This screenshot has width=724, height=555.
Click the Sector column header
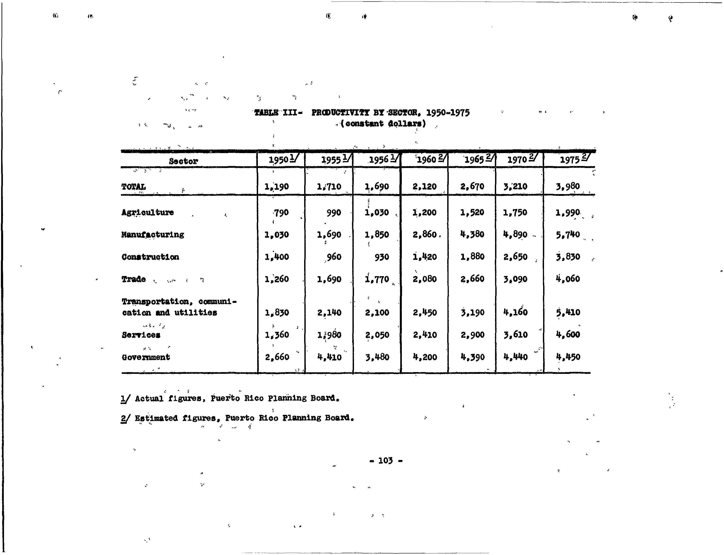pyautogui.click(x=183, y=161)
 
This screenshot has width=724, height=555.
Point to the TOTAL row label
pyautogui.click(x=133, y=187)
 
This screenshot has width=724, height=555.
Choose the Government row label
pyautogui.click(x=146, y=357)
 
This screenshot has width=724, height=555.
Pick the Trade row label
pyautogui.click(x=133, y=279)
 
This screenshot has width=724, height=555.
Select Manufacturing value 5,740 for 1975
pyautogui.click(x=568, y=235)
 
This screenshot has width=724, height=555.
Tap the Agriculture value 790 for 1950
pyautogui.click(x=281, y=213)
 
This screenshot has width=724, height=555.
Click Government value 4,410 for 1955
pyautogui.click(x=329, y=357)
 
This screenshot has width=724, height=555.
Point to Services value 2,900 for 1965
pyautogui.click(x=472, y=335)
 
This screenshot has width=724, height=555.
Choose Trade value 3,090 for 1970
pyautogui.click(x=515, y=279)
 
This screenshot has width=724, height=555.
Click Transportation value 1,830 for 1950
pyautogui.click(x=277, y=312)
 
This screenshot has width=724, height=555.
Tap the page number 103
pyautogui.click(x=385, y=460)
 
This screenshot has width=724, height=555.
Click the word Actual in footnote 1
pyautogui.click(x=149, y=398)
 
